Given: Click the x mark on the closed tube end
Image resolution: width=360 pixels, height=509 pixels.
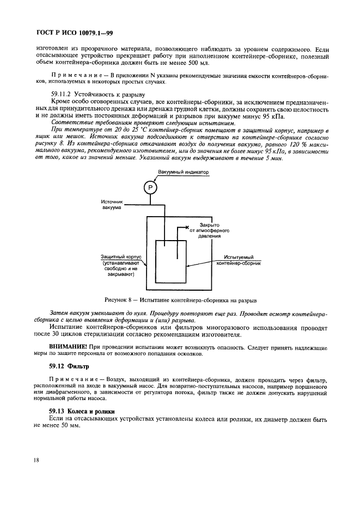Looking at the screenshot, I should pyautogui.click(x=187, y=226).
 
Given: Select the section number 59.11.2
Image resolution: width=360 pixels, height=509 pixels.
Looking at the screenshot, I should pyautogui.click(x=63, y=95).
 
